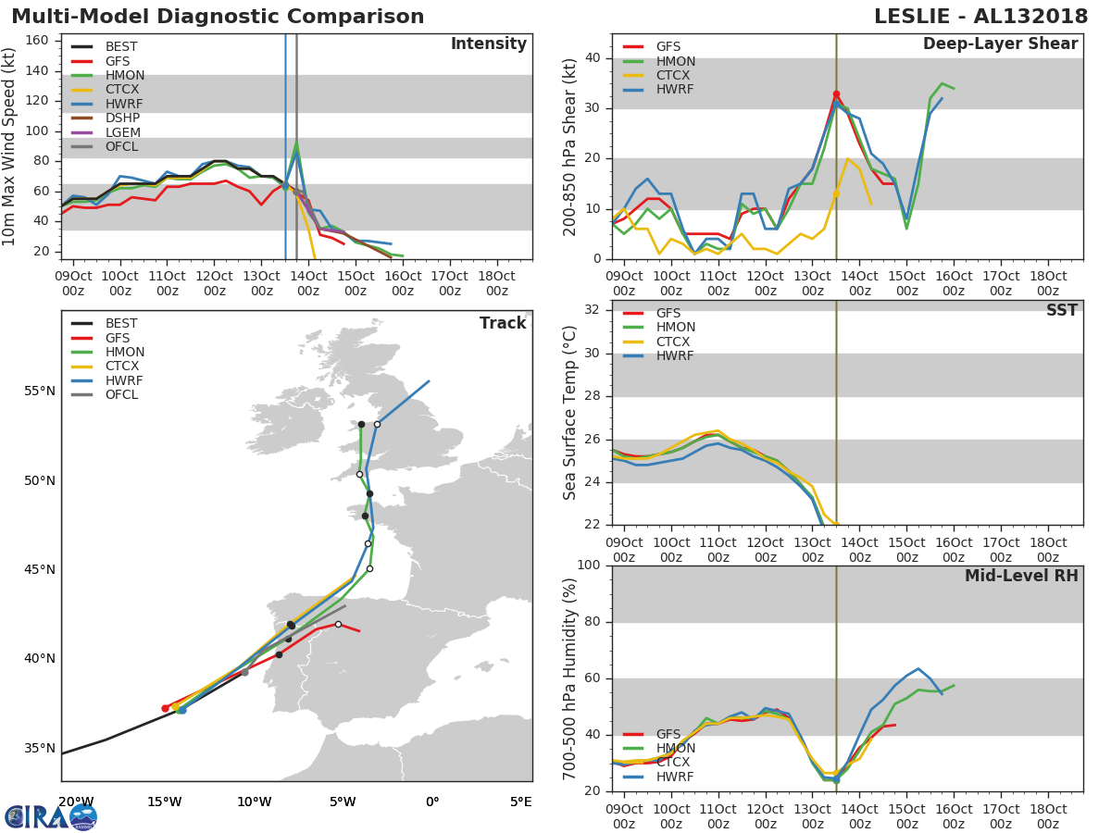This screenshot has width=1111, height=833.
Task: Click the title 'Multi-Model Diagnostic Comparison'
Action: (218, 17)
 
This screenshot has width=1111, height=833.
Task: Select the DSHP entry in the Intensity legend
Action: (122, 118)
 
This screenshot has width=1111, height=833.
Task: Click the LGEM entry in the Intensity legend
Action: (122, 132)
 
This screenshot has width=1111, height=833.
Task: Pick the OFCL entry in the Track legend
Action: (122, 394)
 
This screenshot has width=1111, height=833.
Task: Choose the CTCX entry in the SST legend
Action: (675, 342)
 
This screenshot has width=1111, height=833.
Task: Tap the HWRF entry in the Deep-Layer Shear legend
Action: (675, 89)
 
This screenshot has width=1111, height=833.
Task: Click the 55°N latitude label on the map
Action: (40, 391)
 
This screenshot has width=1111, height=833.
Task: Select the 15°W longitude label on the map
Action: (164, 802)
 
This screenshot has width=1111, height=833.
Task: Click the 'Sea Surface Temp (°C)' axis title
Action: (569, 412)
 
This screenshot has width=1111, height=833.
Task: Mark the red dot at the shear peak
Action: (836, 94)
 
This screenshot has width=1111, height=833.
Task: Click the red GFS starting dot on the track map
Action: (165, 708)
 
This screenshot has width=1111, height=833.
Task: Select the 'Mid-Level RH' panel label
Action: (1021, 576)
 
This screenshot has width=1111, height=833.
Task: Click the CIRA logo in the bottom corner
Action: (51, 816)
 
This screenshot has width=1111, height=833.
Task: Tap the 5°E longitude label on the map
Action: (521, 802)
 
